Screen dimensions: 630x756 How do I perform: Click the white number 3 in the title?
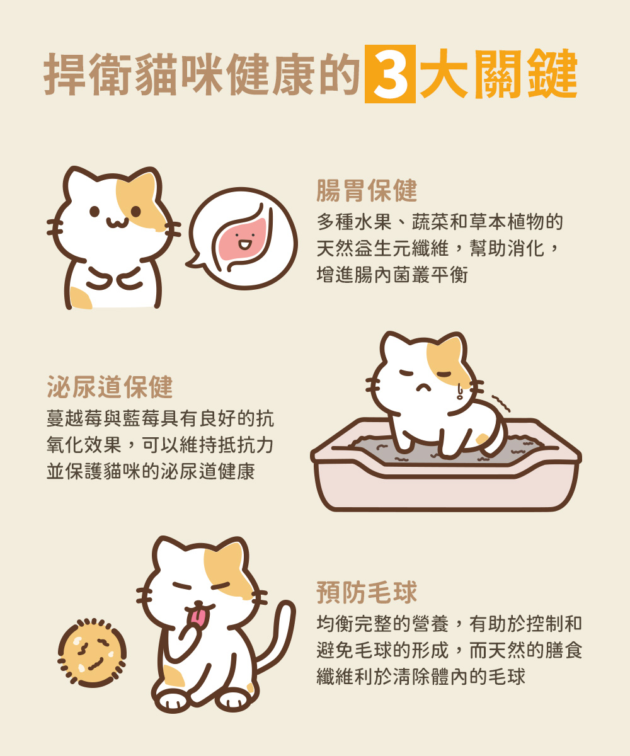(390, 74)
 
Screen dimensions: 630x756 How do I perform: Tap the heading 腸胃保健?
(367, 190)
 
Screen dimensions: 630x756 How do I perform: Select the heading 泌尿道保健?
(110, 387)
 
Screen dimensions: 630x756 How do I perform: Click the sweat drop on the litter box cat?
(460, 391)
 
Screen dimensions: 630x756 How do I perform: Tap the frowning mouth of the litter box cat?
(423, 387)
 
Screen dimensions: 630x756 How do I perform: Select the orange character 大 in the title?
(444, 74)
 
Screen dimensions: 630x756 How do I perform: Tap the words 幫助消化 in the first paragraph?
(507, 249)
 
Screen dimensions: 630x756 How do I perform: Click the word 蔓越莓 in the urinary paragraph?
(75, 419)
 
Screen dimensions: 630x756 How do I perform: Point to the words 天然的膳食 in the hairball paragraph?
(535, 650)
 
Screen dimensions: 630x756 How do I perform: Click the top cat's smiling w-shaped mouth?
(117, 222)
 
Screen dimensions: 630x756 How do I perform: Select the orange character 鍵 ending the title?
(553, 74)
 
